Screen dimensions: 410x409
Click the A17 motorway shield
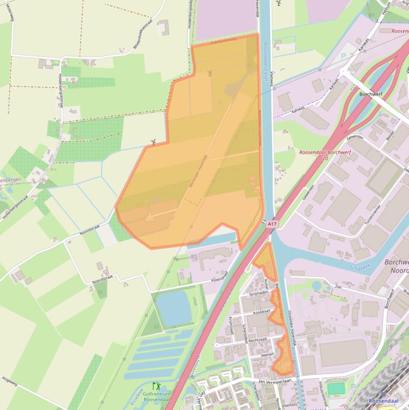(x=272, y=225)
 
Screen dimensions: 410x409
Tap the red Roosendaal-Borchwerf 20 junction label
(x=321, y=155)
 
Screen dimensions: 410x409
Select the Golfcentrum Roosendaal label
(x=156, y=397)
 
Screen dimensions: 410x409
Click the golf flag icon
(x=156, y=386)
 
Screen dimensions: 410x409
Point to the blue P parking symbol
(x=343, y=55)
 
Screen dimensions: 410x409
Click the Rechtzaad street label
(x=256, y=339)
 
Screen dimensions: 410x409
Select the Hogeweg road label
(x=10, y=380)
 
